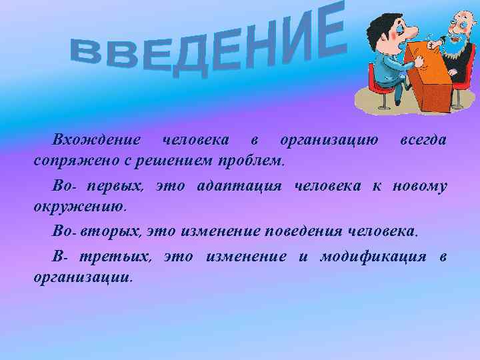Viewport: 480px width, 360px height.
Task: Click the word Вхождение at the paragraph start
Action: pyautogui.click(x=97, y=141)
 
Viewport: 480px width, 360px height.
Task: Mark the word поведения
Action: pyautogui.click(x=305, y=231)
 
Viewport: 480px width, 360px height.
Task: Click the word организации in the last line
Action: pyautogui.click(x=83, y=277)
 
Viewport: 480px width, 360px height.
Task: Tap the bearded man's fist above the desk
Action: pyautogui.click(x=434, y=44)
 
